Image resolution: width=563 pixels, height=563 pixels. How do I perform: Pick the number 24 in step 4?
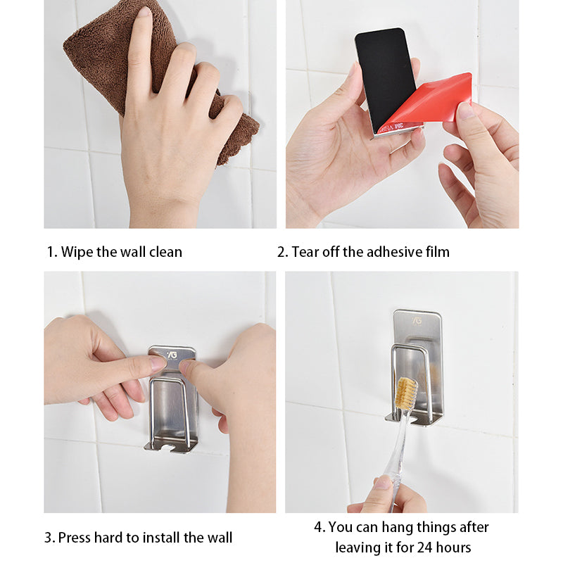(x=424, y=548)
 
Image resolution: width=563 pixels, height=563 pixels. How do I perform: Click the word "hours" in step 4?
(x=453, y=548)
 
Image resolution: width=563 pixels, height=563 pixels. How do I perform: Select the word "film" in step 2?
(x=438, y=252)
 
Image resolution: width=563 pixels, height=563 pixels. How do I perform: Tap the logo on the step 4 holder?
(x=417, y=320)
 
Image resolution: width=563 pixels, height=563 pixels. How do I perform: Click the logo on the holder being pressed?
(x=172, y=355)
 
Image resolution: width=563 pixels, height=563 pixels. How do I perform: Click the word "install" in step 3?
(x=161, y=538)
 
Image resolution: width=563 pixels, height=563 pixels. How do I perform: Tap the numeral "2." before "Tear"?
(x=282, y=252)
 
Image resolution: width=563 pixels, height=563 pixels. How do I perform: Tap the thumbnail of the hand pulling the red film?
(x=466, y=110)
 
